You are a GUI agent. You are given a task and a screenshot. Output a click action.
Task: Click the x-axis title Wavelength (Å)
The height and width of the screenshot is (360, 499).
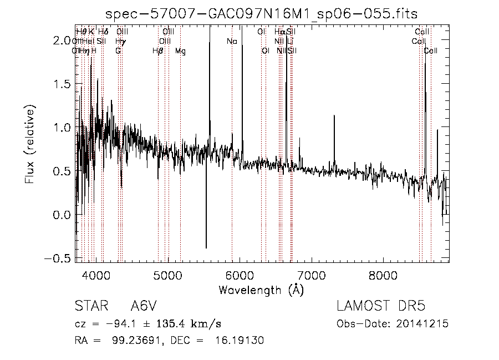[x=261, y=290]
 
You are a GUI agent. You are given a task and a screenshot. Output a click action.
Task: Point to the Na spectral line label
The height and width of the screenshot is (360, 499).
[x=232, y=41]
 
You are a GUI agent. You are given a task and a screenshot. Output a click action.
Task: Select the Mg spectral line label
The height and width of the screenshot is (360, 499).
[x=180, y=51]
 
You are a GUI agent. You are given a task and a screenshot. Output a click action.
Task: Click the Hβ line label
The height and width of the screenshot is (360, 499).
[x=158, y=51]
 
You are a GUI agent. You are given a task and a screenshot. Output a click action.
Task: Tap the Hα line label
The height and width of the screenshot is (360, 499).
[x=279, y=32]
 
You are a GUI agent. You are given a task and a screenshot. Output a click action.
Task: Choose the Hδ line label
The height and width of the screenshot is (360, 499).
[x=103, y=32]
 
